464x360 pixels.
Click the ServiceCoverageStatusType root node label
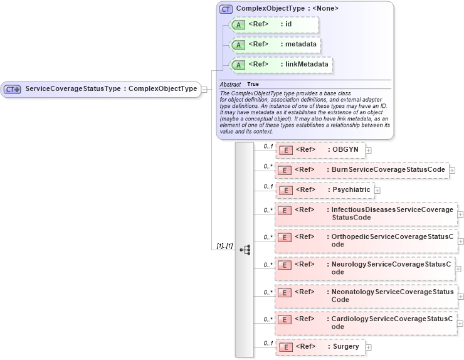(110, 89)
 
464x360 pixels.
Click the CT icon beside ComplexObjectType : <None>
(226, 9)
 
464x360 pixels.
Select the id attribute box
(275, 24)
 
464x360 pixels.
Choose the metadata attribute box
(276, 45)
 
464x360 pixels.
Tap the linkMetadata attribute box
(281, 64)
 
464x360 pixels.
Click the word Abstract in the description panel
(230, 84)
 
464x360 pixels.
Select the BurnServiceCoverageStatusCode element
(362, 170)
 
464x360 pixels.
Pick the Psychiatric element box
(325, 189)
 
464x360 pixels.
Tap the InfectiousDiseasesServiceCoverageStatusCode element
(366, 213)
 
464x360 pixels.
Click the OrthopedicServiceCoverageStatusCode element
(366, 240)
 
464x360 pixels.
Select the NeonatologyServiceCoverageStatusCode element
(366, 295)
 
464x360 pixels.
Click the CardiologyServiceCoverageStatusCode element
(366, 322)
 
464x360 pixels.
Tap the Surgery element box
(320, 347)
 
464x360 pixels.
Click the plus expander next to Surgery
(369, 347)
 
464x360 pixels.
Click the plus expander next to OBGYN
(369, 151)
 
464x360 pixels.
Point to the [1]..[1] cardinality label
(224, 246)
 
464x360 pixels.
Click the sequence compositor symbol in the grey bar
(245, 250)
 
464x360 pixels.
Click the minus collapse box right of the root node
(204, 89)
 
